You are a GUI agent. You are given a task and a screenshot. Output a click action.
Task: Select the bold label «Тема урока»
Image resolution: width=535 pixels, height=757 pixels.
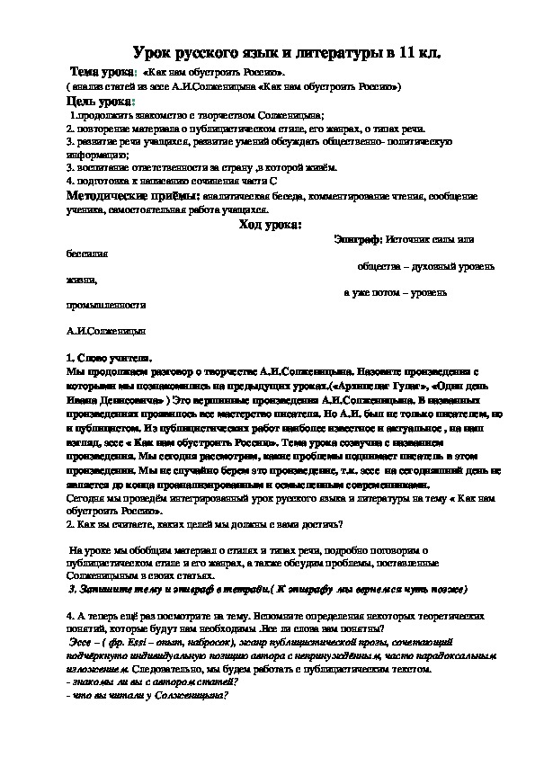point(103,71)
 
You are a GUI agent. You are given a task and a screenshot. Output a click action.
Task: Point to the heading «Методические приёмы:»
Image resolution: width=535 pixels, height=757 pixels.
point(134,195)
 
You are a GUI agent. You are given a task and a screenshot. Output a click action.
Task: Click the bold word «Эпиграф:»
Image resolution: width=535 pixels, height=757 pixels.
point(357,240)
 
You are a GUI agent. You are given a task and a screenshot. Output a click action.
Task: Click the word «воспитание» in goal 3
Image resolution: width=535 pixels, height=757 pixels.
point(103,167)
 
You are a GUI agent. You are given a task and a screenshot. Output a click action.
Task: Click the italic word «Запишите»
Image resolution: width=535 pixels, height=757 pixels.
point(103,589)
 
